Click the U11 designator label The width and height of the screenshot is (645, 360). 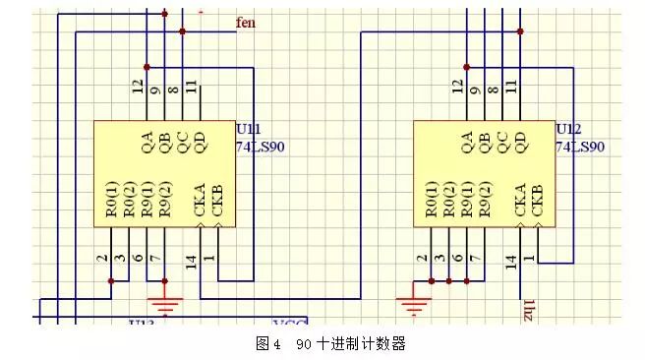click(248, 130)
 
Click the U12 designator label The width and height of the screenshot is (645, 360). click(568, 130)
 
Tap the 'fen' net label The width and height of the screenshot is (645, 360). click(247, 22)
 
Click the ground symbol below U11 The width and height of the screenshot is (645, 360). click(165, 302)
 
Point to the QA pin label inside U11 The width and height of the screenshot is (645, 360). click(148, 144)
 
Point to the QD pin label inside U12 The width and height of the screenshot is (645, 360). click(519, 144)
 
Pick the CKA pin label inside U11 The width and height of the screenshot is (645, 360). click(201, 201)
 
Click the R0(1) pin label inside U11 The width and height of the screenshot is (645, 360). click(113, 198)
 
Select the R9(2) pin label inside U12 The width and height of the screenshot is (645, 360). click(484, 198)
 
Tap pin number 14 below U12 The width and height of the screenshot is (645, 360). click(511, 261)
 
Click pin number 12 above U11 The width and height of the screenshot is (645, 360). click(139, 88)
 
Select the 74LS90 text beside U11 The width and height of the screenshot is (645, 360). click(260, 147)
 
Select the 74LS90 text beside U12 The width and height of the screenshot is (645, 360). click(580, 147)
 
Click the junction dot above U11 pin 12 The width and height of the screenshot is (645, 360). click(147, 67)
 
